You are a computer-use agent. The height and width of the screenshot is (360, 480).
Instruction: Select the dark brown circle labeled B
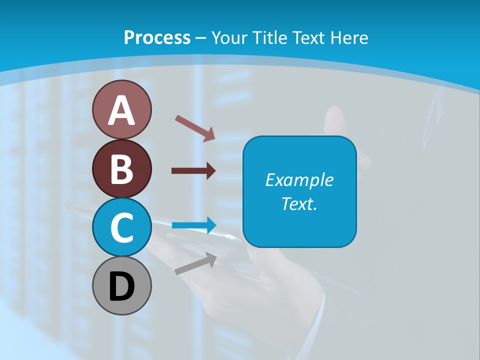[x=121, y=168]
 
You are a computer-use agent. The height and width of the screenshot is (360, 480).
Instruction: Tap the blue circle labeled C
[x=121, y=227]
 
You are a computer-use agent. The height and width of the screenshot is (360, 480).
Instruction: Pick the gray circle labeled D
[x=121, y=286]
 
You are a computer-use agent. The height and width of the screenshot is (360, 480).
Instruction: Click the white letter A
[x=121, y=110]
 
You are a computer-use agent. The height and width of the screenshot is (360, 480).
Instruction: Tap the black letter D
[x=121, y=287]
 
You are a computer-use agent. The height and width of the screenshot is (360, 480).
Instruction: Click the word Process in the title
[x=157, y=37]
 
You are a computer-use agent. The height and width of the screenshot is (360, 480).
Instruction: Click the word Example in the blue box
[x=299, y=180]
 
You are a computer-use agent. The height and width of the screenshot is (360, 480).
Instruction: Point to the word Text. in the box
[x=299, y=203]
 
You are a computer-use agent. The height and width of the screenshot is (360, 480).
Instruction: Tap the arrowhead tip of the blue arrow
[x=215, y=225]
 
